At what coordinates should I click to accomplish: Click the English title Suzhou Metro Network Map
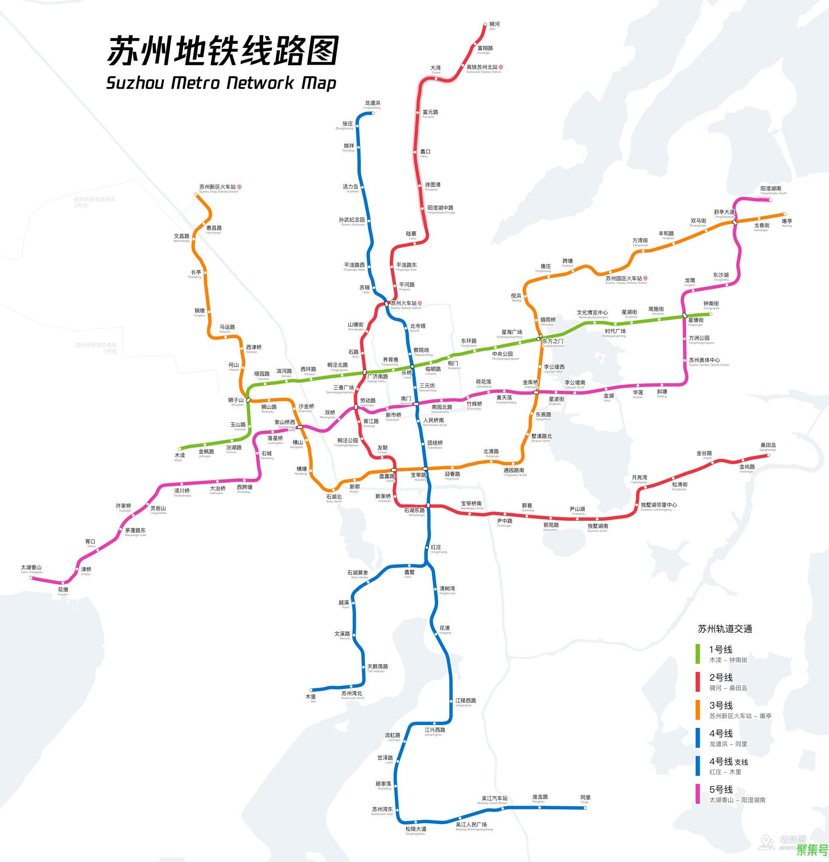221,83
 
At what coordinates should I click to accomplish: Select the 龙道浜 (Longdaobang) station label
372,104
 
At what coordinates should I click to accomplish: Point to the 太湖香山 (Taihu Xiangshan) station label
31,568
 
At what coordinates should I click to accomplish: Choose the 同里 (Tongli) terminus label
585,797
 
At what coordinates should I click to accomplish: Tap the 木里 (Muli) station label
311,697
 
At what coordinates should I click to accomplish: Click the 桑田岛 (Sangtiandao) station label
768,445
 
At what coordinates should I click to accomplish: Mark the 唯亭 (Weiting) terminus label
787,221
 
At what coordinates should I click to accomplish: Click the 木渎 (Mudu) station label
180,455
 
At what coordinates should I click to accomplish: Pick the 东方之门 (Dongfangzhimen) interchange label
553,341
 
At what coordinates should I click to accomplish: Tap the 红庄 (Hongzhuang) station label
436,548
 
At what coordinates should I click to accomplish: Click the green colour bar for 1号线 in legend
698,654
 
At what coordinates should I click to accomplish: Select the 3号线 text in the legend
721,706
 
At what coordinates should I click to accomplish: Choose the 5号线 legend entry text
721,789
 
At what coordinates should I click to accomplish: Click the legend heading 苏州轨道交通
725,629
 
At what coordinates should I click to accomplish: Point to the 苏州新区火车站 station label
217,187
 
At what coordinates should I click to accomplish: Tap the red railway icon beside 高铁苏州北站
501,67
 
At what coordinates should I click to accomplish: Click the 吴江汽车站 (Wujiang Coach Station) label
494,798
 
